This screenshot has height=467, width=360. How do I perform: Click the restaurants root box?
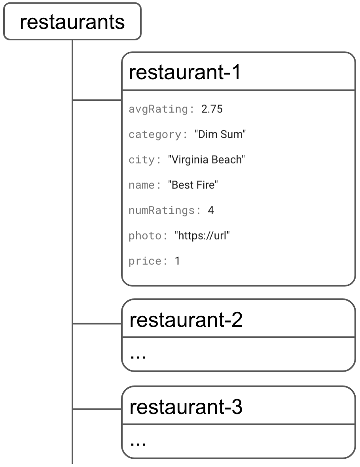pyautogui.click(x=72, y=22)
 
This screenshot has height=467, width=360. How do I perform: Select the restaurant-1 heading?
pyautogui.click(x=185, y=72)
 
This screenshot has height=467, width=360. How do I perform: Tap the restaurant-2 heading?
pyautogui.click(x=186, y=320)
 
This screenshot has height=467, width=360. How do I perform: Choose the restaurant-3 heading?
pyautogui.click(x=186, y=407)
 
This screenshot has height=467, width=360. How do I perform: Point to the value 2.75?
pyautogui.click(x=212, y=109)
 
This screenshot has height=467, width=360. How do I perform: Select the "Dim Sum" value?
pyautogui.click(x=220, y=135)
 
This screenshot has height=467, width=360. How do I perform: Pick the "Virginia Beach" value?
pyautogui.click(x=207, y=160)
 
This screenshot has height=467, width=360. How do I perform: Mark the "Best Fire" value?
pyautogui.click(x=193, y=185)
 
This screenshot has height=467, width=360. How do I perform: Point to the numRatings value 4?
pyautogui.click(x=211, y=211)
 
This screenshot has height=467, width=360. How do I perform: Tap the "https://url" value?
pyautogui.click(x=202, y=236)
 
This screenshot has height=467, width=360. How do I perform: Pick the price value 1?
pyautogui.click(x=177, y=262)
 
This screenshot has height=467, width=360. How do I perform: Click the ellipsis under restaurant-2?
pyautogui.click(x=138, y=355)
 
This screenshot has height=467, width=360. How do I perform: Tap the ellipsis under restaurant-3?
pyautogui.click(x=138, y=442)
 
